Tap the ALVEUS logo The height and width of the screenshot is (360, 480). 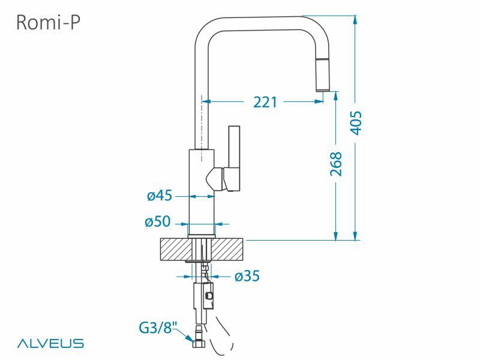click(50, 344)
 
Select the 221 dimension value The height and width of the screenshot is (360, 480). click(265, 102)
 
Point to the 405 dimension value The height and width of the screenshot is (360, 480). click(356, 123)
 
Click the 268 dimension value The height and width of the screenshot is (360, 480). click(336, 164)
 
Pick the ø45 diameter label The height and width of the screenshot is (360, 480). click(160, 195)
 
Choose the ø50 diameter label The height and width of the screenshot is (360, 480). click(157, 222)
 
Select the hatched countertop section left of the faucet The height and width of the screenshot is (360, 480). click(175, 250)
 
